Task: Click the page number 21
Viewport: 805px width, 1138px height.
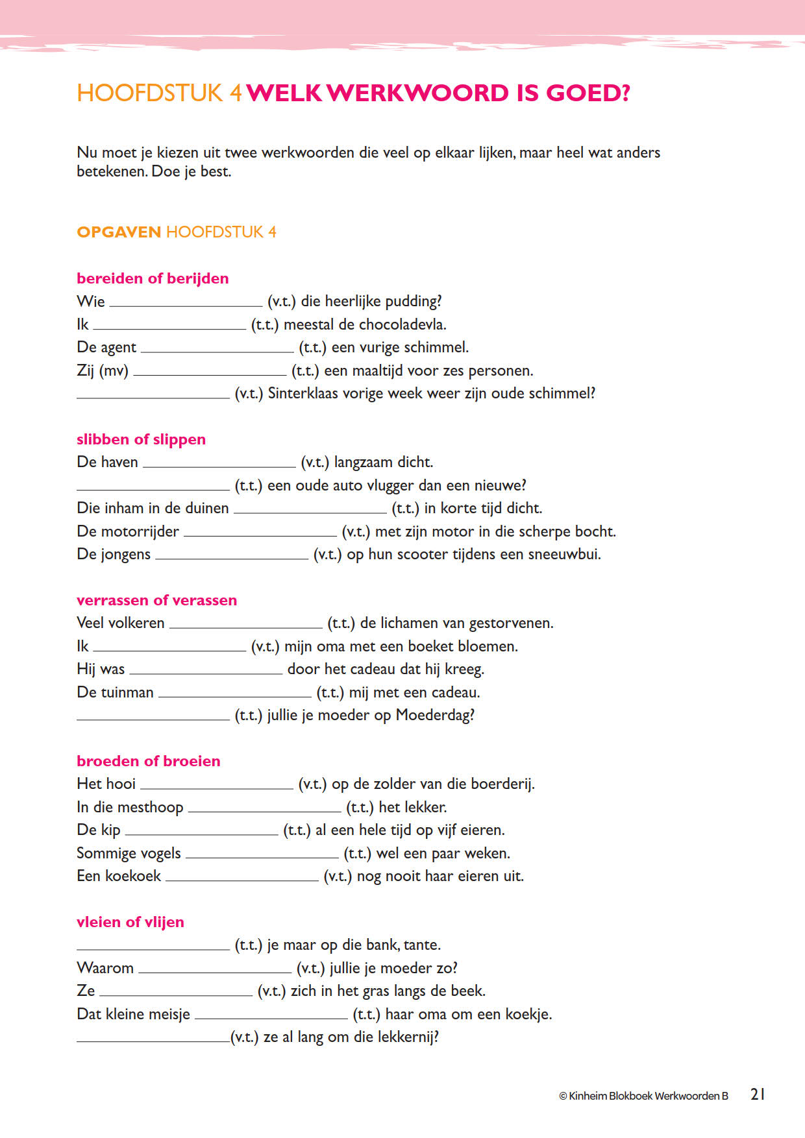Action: [x=758, y=1095]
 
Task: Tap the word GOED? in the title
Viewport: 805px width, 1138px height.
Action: [x=588, y=93]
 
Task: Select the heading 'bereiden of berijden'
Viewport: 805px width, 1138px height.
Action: [x=153, y=278]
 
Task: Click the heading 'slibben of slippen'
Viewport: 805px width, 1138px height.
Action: [x=141, y=439]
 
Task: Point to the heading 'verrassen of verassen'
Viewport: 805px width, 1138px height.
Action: [x=156, y=600]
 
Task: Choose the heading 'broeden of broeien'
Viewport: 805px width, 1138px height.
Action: [x=148, y=761]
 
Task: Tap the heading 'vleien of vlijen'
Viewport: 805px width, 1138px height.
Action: [x=130, y=922]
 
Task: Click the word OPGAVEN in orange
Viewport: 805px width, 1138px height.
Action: [x=119, y=232]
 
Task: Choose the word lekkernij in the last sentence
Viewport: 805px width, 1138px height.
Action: [x=404, y=1037]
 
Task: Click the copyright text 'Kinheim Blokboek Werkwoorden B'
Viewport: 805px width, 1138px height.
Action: [x=648, y=1096]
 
